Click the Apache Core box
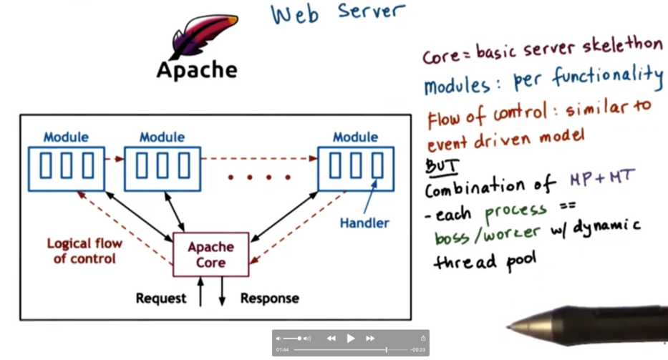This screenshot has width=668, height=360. tap(211, 254)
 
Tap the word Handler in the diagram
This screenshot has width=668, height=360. tap(364, 223)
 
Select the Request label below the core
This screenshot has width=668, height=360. tap(161, 298)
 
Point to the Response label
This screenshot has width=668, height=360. tap(269, 298)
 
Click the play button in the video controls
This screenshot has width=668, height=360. tap(351, 338)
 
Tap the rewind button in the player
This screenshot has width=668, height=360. tap(331, 338)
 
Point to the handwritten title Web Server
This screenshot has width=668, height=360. tap(337, 14)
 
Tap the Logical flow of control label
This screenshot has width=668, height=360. tap(84, 250)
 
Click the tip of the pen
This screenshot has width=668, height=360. tap(509, 327)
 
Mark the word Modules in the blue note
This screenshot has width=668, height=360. tap(458, 86)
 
